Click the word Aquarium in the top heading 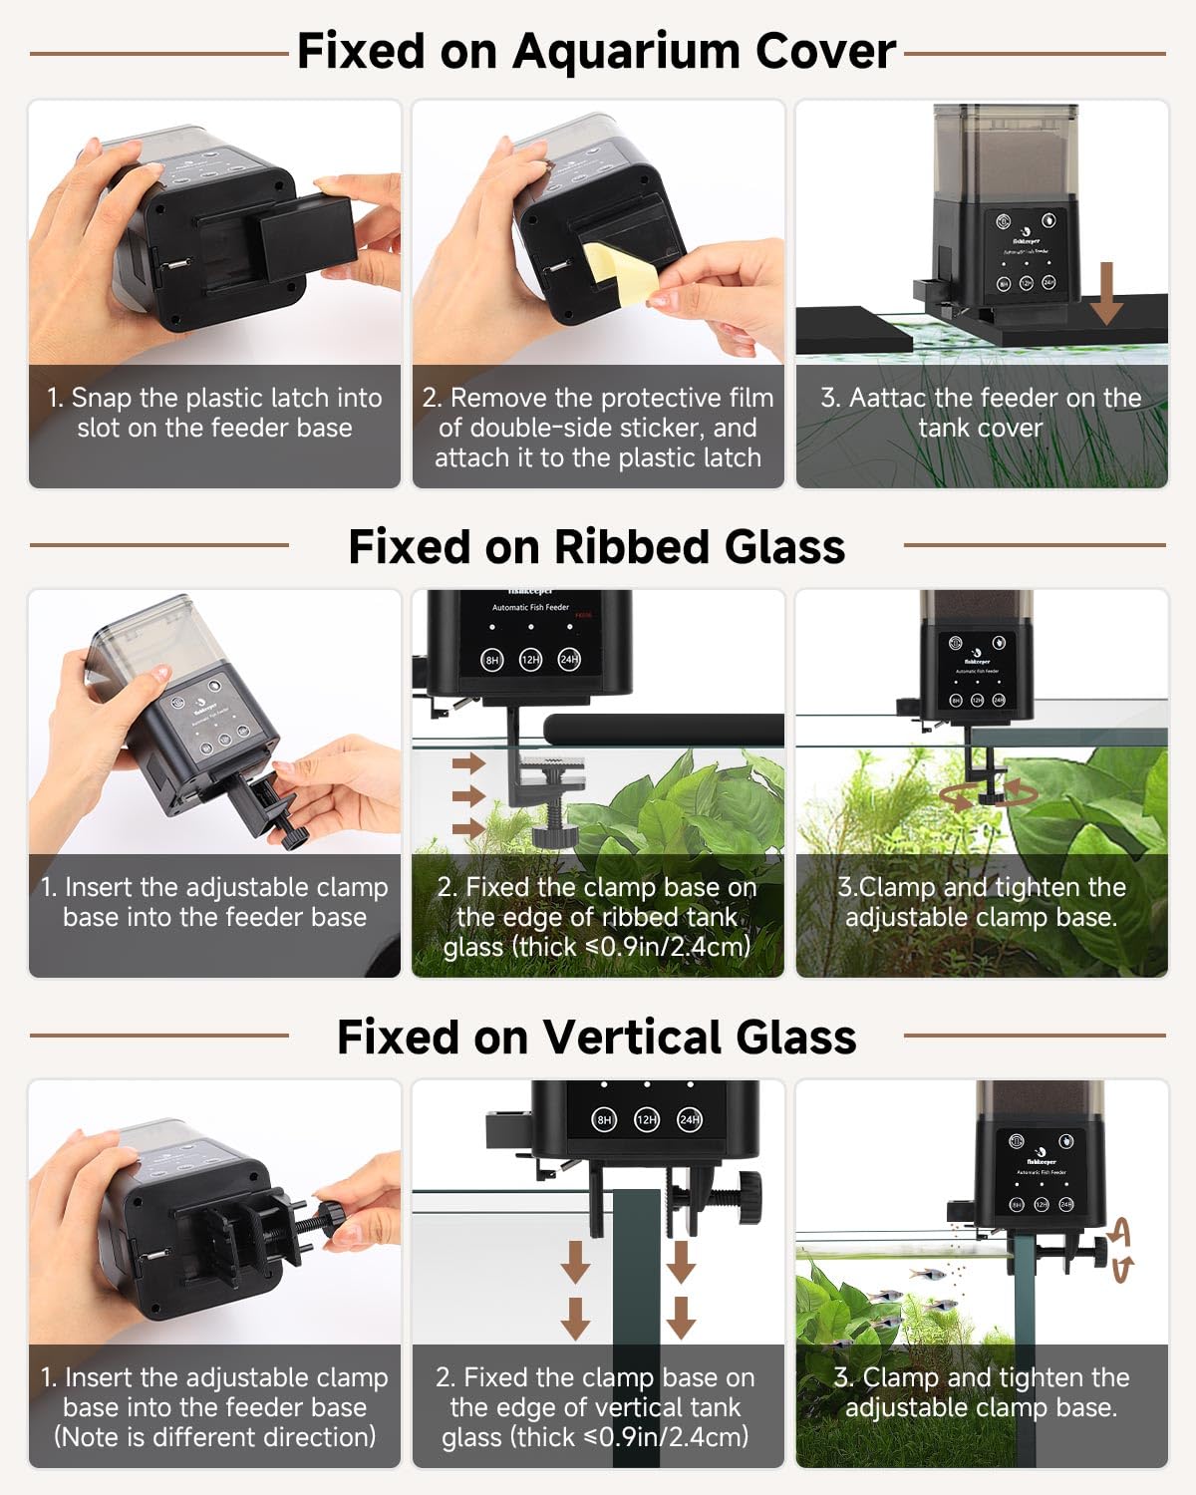[626, 53]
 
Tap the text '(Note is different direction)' [214, 1437]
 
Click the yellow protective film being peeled [622, 272]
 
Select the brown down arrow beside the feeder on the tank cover [1106, 293]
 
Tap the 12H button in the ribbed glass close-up [530, 659]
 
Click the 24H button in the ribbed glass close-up [569, 659]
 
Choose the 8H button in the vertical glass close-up [604, 1120]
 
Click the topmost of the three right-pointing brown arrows [469, 763]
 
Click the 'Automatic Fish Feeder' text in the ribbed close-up [530, 607]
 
